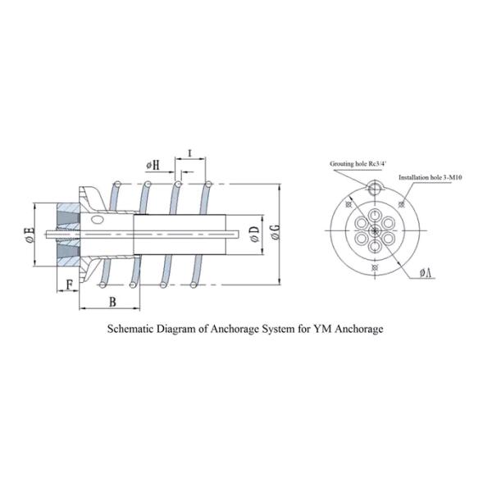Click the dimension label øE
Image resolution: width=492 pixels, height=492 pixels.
tap(30, 235)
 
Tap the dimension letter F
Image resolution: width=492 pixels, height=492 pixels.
tap(70, 285)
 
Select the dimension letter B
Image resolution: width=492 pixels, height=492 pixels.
tap(112, 302)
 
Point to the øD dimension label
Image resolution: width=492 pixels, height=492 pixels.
tap(255, 234)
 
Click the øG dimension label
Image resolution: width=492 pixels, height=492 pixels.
tap(276, 232)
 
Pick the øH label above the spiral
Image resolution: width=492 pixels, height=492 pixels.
tap(153, 166)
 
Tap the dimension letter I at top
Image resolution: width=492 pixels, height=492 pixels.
tap(189, 153)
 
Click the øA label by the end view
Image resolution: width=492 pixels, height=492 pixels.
tap(426, 273)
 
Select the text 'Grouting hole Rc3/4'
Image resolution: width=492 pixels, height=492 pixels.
tap(358, 163)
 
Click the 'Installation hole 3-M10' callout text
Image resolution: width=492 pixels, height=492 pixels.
tap(430, 177)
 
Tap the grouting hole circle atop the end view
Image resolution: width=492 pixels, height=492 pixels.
tap(375, 189)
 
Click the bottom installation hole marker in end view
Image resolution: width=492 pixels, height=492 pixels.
tap(375, 267)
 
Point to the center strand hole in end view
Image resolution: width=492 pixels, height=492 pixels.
tap(375, 231)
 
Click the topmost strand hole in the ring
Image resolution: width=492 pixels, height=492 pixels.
tap(375, 216)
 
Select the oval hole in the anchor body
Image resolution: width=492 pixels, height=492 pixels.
tap(98, 220)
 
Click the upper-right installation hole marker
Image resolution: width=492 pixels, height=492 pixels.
tap(401, 204)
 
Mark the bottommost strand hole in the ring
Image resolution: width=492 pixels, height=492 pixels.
tap(375, 246)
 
